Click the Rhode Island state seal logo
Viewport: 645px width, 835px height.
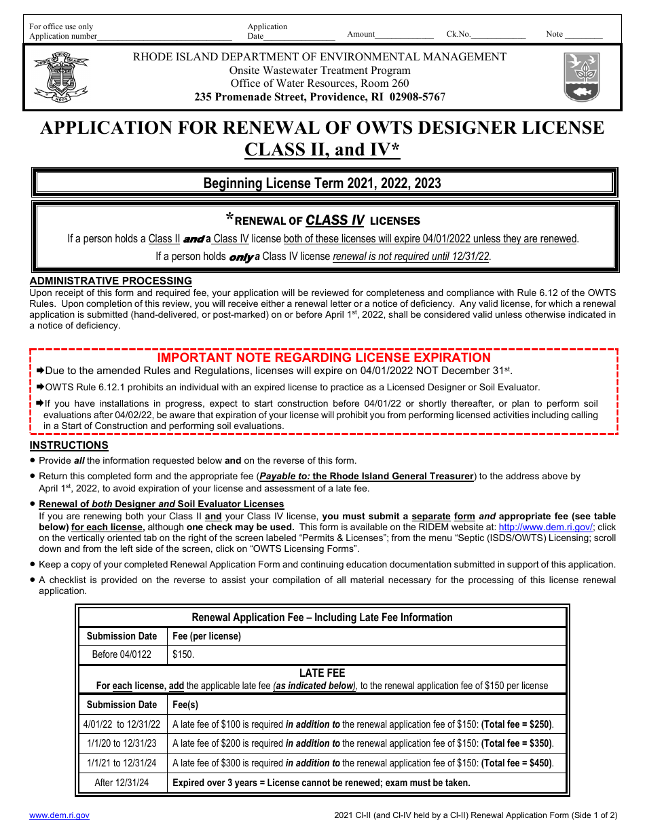click(60, 76)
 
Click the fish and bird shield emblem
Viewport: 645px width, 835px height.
click(582, 77)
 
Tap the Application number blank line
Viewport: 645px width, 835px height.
click(164, 37)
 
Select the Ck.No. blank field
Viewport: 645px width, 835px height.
click(498, 35)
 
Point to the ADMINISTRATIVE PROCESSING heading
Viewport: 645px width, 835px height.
click(111, 281)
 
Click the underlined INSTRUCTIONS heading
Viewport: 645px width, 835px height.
click(69, 445)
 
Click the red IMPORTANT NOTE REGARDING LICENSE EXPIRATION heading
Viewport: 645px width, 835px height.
click(324, 358)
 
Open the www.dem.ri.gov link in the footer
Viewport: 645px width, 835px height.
click(59, 815)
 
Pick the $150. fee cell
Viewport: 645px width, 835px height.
click(183, 654)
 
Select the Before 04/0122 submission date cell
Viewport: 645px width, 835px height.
click(122, 654)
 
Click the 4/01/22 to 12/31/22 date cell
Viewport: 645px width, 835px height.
click(122, 724)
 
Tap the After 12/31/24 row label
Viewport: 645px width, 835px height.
click(122, 783)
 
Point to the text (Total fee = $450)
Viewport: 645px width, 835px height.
click(517, 763)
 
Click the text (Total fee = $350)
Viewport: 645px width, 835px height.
click(517, 743)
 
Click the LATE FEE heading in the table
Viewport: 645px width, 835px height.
click(322, 673)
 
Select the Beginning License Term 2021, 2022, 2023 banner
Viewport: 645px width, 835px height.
click(322, 183)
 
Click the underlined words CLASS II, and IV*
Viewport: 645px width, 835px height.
click(322, 150)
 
